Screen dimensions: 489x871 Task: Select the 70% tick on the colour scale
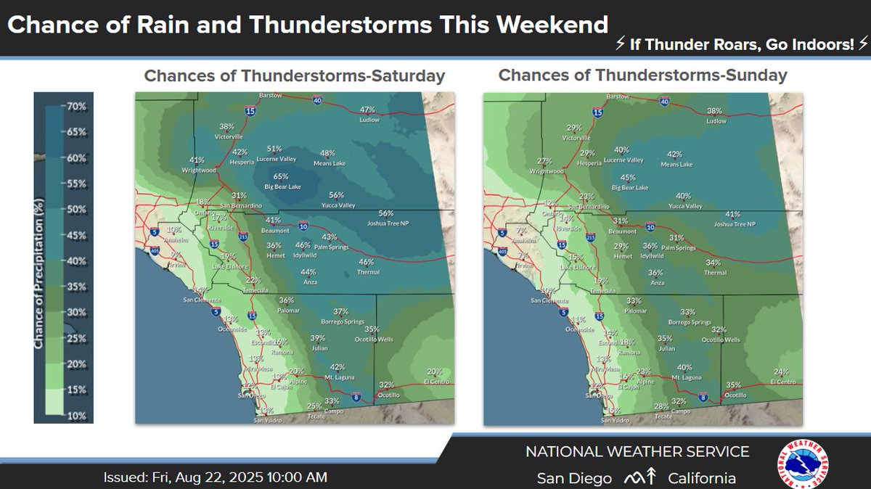click(x=76, y=107)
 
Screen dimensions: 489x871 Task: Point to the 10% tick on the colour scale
click(x=76, y=416)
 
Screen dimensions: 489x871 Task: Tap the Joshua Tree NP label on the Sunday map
click(x=736, y=224)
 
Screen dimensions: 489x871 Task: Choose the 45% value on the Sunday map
click(x=629, y=177)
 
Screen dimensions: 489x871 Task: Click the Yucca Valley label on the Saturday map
click(x=336, y=205)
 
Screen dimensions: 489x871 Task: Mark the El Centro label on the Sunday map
click(x=784, y=381)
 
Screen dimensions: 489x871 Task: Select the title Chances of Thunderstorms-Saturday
click(x=294, y=76)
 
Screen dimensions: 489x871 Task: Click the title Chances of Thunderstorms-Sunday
click(x=642, y=75)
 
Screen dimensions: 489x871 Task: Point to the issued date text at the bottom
click(x=215, y=477)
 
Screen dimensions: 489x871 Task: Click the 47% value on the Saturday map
click(x=368, y=110)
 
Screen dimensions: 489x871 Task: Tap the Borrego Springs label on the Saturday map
click(x=343, y=321)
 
